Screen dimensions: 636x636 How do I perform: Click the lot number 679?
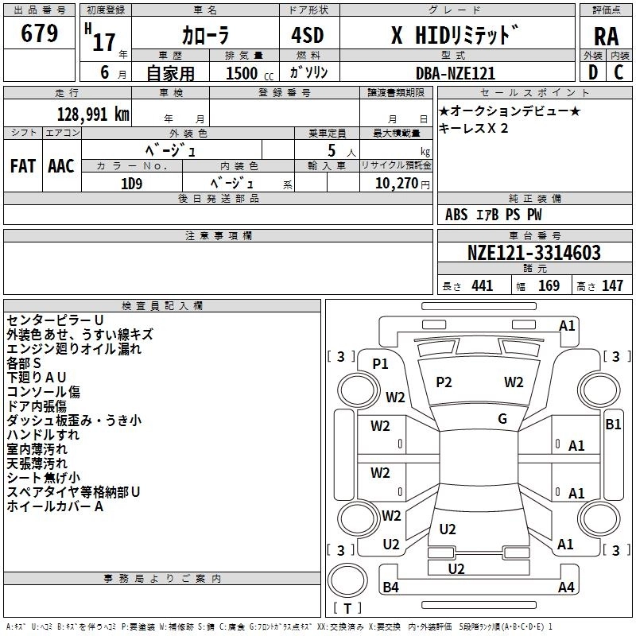40,34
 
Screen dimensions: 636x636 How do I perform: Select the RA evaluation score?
606,37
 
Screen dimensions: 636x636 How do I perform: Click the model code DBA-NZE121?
456,73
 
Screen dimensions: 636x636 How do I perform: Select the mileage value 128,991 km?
94,114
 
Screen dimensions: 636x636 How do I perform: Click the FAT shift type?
23,165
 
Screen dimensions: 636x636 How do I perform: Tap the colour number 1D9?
131,183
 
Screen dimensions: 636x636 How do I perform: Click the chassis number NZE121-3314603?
533,253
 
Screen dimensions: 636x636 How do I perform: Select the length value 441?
482,285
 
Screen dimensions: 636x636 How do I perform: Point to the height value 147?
611,285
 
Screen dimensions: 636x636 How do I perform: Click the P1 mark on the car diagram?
381,363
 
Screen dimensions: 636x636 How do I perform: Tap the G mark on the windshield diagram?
502,418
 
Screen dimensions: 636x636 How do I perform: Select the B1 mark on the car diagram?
613,425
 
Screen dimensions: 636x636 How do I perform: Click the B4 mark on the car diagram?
390,588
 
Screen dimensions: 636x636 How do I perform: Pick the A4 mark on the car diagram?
566,588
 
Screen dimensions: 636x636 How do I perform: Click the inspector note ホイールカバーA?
55,506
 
